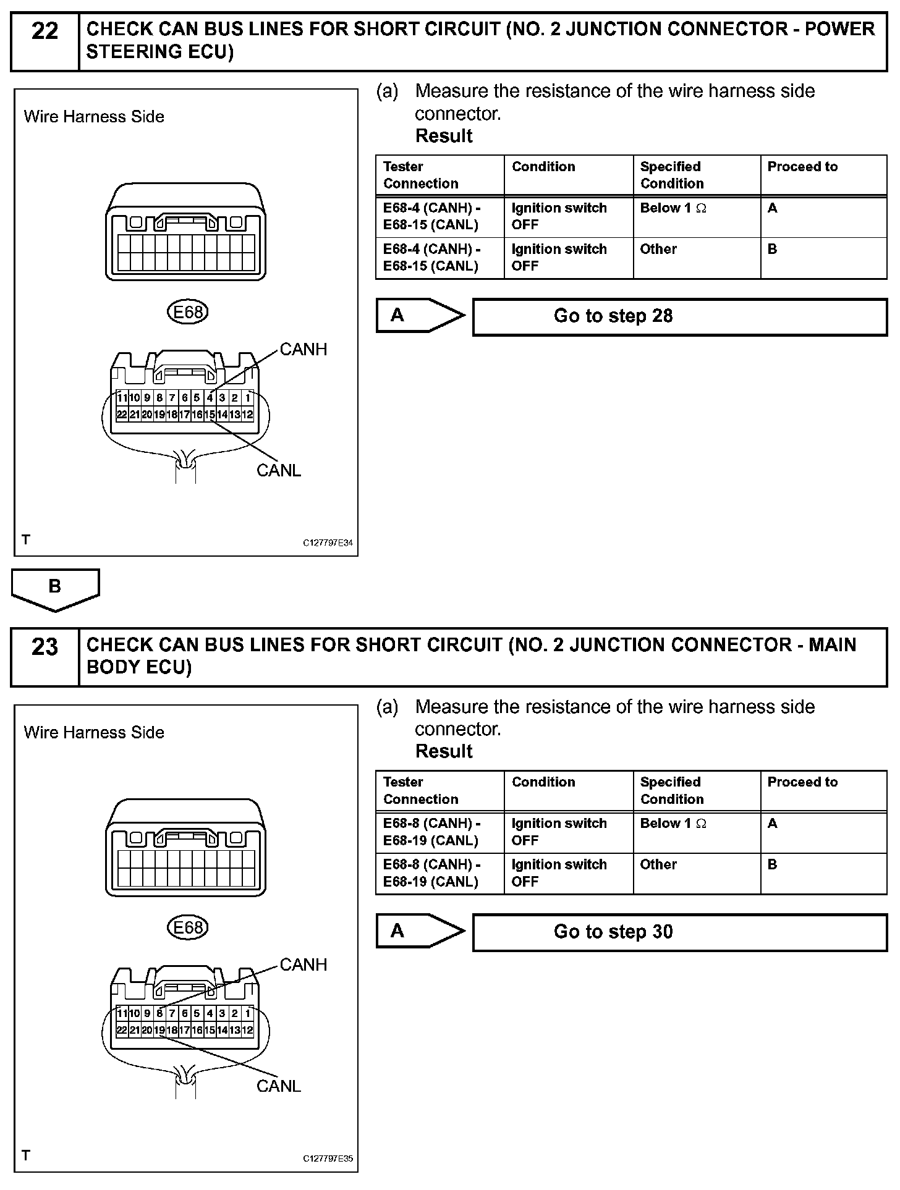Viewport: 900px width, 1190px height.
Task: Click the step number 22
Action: coord(45,31)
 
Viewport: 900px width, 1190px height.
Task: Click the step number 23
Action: coord(45,647)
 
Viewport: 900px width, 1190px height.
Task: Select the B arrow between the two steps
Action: coord(55,588)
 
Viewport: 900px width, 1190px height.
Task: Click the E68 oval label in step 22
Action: coord(188,313)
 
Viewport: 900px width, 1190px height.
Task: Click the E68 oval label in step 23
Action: coord(188,928)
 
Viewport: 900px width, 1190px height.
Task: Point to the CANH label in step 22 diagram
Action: coord(303,350)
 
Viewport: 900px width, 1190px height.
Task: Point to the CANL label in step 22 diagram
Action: coord(279,471)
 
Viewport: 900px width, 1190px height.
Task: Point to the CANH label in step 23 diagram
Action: coord(303,965)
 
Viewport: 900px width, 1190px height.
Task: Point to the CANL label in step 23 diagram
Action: coord(279,1086)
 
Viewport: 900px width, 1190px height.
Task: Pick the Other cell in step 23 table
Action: coord(658,865)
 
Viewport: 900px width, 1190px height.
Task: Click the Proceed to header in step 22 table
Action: coord(802,167)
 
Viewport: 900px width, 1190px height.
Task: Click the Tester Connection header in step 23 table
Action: coord(420,791)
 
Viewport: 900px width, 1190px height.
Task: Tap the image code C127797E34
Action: coord(328,544)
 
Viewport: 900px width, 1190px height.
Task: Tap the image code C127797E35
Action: coord(328,1159)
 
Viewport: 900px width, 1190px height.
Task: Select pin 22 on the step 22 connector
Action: coord(122,415)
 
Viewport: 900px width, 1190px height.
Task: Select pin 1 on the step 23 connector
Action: coord(248,1013)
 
